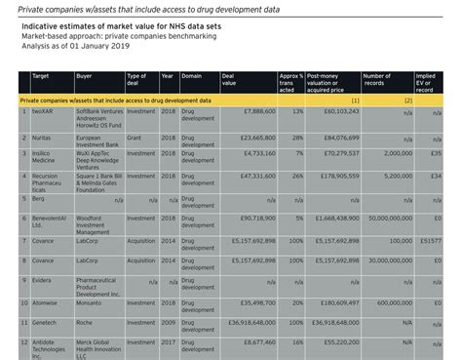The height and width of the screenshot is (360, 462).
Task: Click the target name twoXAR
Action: coord(43,111)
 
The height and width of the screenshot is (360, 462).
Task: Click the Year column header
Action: coord(167,76)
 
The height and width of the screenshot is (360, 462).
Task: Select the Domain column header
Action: coord(192,76)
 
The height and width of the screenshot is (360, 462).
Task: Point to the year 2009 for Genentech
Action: coord(168,321)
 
